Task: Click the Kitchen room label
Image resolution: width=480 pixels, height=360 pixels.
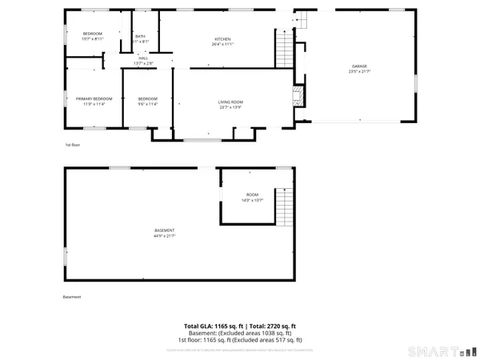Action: tap(222, 40)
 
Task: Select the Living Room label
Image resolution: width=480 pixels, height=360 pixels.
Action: tap(230, 101)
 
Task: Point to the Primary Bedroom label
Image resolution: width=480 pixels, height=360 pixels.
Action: tap(90, 98)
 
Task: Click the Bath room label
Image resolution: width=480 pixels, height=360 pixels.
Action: tap(140, 37)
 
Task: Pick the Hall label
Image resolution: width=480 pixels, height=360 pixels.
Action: tap(143, 58)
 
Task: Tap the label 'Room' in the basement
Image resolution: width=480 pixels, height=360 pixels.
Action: tap(252, 195)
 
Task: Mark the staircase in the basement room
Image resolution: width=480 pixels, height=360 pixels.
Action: tap(285, 209)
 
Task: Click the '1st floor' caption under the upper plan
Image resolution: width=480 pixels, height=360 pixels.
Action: tap(73, 145)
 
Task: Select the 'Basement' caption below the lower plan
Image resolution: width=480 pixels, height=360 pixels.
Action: tap(72, 298)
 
